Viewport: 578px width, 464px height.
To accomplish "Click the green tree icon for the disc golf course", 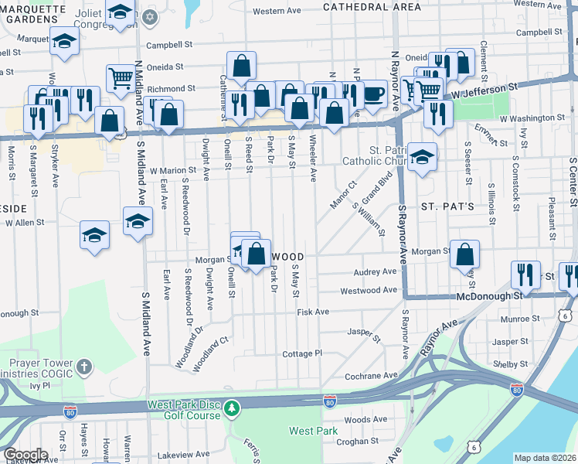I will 230,407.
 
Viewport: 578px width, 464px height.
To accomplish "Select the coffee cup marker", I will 374,94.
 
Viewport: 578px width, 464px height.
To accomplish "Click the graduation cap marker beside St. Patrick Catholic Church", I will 423,158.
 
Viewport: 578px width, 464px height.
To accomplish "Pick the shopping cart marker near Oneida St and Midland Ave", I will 120,77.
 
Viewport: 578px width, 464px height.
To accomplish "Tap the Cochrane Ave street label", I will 370,376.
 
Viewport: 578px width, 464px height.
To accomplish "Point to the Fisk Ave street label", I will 313,312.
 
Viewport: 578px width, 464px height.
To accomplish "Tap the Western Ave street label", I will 276,12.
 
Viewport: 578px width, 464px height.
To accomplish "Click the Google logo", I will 25,455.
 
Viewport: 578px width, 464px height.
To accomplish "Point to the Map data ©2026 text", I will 545,458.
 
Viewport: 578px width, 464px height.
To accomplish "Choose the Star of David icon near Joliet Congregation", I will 150,16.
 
